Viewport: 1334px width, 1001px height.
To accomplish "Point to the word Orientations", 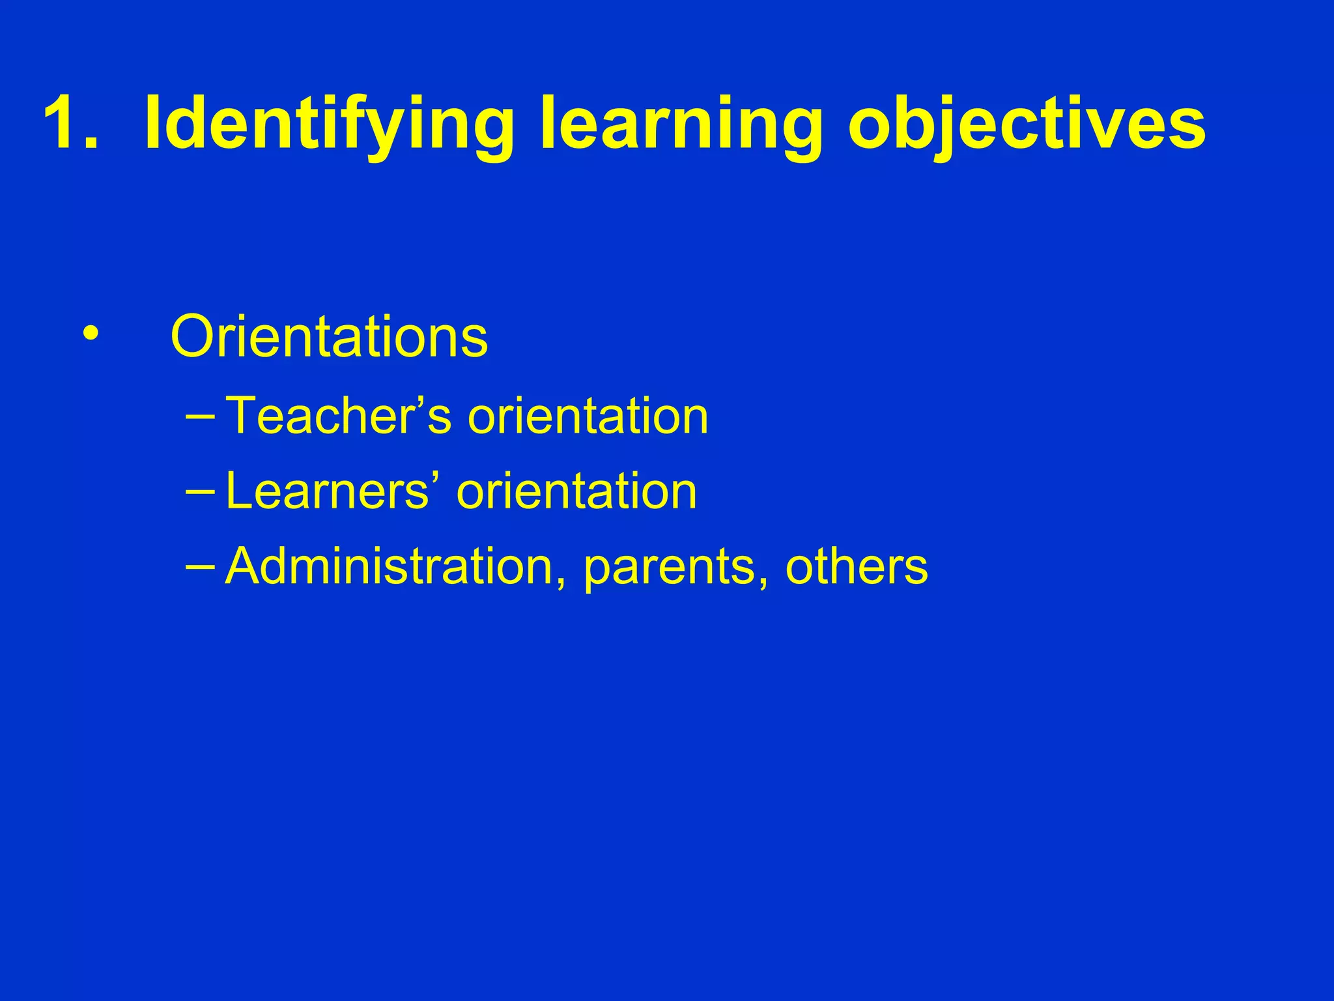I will tap(329, 336).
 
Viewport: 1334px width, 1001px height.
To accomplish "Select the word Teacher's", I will tap(338, 415).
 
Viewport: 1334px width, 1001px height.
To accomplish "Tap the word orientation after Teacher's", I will tap(588, 415).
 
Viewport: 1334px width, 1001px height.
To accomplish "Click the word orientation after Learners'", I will tap(576, 491).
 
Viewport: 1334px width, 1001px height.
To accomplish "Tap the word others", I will tap(856, 566).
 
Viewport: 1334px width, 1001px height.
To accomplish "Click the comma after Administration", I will tap(561, 581).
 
